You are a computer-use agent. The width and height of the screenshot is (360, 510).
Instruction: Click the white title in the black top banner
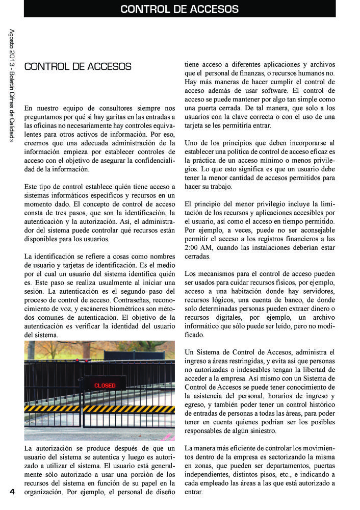click(x=179, y=9)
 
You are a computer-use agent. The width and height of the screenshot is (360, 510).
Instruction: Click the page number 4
click(x=12, y=492)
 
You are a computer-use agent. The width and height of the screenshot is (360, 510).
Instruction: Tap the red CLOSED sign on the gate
click(x=105, y=386)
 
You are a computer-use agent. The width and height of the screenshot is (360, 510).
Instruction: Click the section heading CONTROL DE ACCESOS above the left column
click(x=78, y=67)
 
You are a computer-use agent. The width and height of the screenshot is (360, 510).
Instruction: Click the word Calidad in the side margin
click(x=12, y=124)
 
